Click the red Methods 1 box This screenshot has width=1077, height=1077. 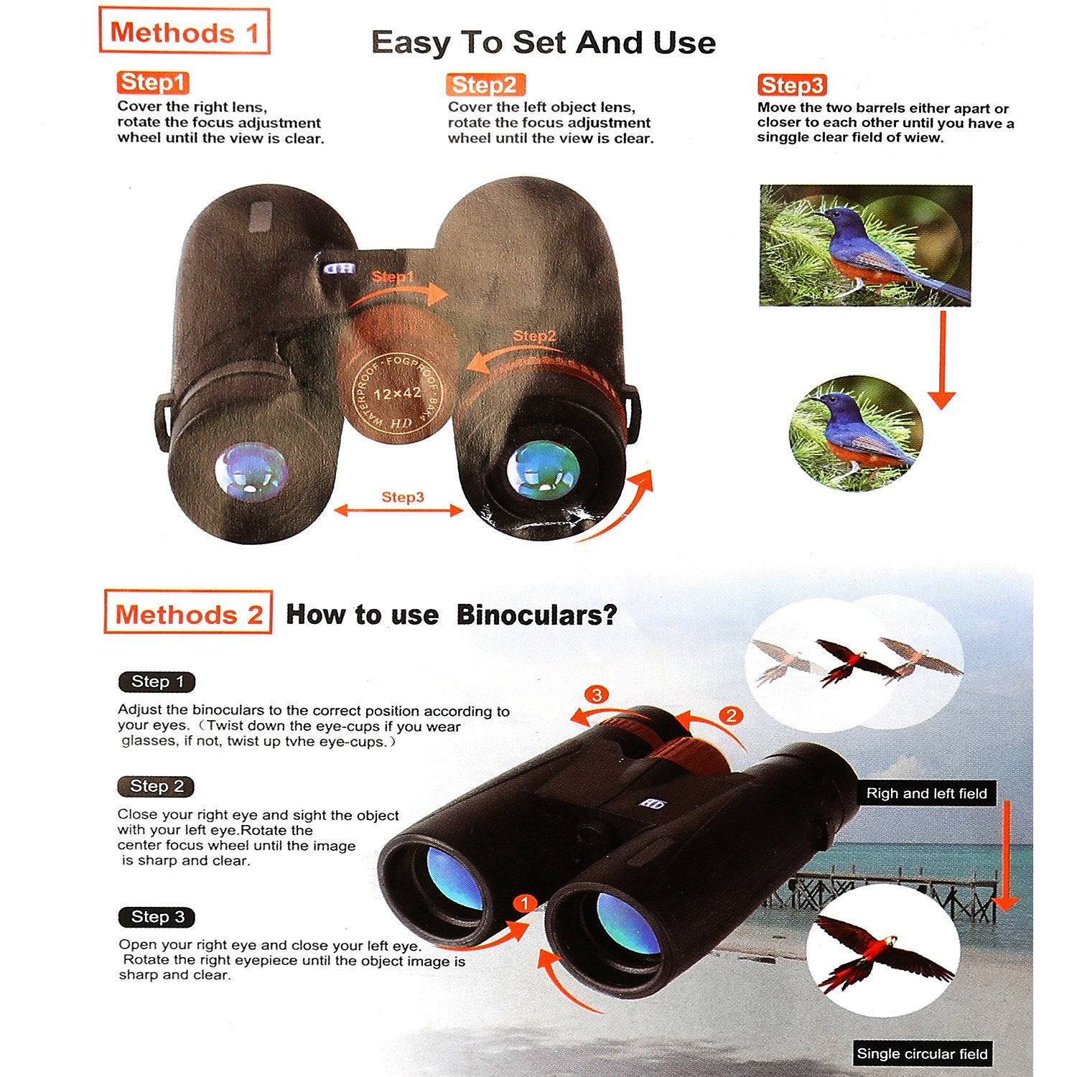click(184, 31)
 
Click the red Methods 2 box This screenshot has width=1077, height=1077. click(188, 612)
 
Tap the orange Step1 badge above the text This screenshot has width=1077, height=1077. click(152, 82)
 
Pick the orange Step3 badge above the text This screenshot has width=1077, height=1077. click(792, 85)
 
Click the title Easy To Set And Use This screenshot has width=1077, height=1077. click(544, 42)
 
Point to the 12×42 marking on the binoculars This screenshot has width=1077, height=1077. click(397, 393)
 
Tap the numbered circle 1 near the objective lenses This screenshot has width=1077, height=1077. click(525, 903)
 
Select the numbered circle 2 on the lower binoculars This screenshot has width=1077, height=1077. click(731, 715)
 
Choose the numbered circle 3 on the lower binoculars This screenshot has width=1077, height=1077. click(597, 694)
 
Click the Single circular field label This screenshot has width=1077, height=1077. click(923, 1054)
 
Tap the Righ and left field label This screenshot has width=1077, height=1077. click(926, 793)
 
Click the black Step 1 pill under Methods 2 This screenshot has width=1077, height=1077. click(157, 681)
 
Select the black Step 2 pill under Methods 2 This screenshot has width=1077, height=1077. click(157, 786)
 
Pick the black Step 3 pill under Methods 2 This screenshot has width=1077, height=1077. click(157, 917)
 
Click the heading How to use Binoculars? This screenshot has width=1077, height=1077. click(452, 615)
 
